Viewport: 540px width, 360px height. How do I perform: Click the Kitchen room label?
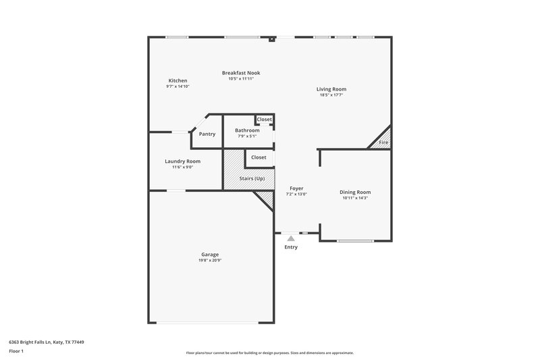click(x=178, y=81)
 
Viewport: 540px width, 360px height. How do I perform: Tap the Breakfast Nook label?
click(x=241, y=73)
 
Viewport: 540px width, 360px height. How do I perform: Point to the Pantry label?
click(x=207, y=134)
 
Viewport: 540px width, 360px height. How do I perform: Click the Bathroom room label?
click(x=247, y=130)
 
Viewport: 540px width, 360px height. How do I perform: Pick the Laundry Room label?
click(x=182, y=161)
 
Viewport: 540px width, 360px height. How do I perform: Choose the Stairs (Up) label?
click(x=252, y=178)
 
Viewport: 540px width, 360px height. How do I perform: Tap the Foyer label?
click(x=297, y=188)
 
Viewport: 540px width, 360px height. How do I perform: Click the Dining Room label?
click(x=355, y=192)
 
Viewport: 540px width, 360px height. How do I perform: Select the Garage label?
click(x=209, y=255)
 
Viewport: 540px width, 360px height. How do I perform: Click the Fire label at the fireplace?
click(x=383, y=143)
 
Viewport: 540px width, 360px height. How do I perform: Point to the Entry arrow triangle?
click(x=291, y=238)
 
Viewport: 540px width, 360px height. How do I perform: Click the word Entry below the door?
click(x=291, y=247)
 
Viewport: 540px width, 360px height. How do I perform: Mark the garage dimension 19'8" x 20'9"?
click(x=209, y=260)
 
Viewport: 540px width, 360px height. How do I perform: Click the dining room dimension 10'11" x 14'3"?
click(x=355, y=198)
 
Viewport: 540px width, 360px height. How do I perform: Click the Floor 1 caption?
click(x=16, y=352)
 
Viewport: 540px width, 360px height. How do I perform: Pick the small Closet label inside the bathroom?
click(x=264, y=120)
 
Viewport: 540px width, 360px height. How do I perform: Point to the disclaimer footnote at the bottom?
click(x=270, y=353)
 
